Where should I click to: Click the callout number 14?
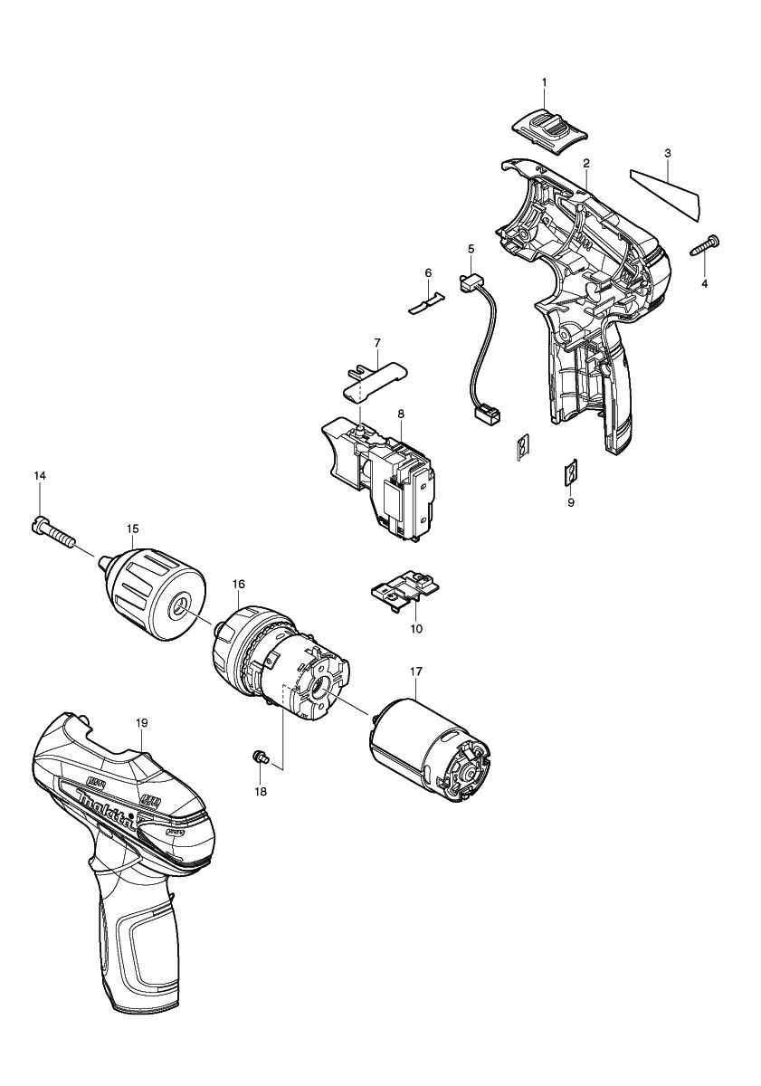tap(40, 475)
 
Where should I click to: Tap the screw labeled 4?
tap(708, 244)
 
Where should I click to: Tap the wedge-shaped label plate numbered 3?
tap(671, 193)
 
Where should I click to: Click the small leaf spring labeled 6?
tap(428, 300)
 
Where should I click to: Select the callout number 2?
tap(586, 163)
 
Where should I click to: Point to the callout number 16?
tap(238, 585)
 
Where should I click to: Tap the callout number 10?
tap(415, 627)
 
